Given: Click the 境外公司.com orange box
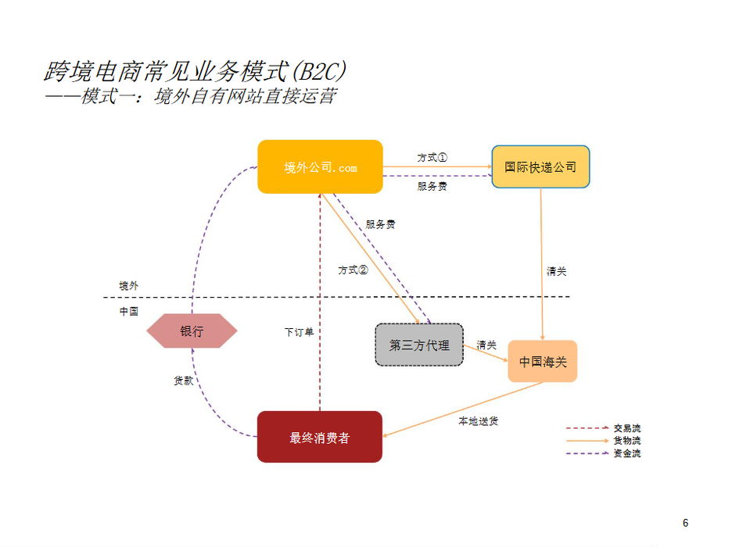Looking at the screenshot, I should [x=320, y=167].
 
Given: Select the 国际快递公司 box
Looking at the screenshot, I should [x=540, y=166].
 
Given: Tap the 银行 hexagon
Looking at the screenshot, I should [x=192, y=331].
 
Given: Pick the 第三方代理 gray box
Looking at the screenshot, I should [x=419, y=345].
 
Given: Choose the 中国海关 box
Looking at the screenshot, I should [x=542, y=362].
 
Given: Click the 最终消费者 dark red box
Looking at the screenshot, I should [x=320, y=438].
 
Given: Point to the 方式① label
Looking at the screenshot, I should [x=432, y=157].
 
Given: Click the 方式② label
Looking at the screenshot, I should [x=353, y=270].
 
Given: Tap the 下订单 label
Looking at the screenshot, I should [x=299, y=332].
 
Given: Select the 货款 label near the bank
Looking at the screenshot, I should [x=183, y=381].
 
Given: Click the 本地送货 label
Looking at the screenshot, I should [x=478, y=421].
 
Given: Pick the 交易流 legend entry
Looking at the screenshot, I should [x=627, y=428].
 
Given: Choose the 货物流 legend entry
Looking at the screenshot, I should [x=627, y=441].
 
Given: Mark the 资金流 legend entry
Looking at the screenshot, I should [x=627, y=453].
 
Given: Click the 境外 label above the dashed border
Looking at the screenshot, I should [x=128, y=286].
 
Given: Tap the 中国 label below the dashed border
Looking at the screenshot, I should [x=128, y=311].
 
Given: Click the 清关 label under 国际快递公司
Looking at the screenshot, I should [x=556, y=272].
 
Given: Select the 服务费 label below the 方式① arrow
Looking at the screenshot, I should [x=432, y=187].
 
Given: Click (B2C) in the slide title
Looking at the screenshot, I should [x=318, y=72].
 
